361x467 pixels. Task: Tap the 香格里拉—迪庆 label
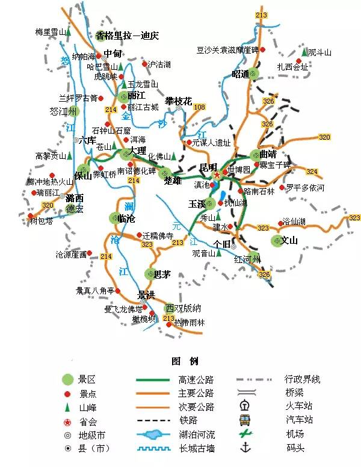pyautogui.click(x=126, y=36)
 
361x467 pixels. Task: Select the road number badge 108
pyautogui.click(x=199, y=107)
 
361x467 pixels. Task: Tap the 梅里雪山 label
pyautogui.click(x=50, y=32)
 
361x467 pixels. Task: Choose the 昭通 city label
pyautogui.click(x=240, y=75)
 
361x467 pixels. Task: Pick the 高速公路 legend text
pyautogui.click(x=196, y=380)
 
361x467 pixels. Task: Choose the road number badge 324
pyautogui.click(x=312, y=172)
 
